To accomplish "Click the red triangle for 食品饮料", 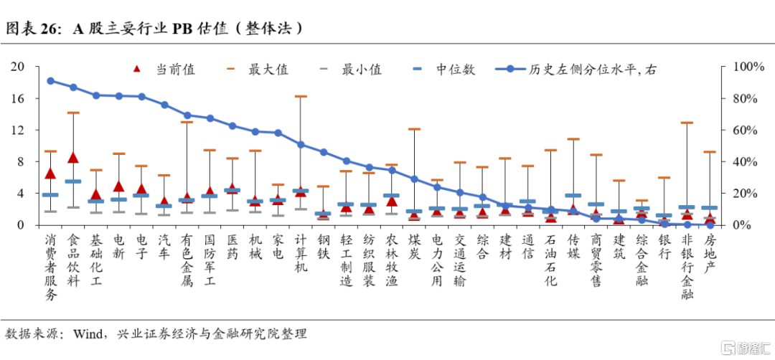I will pyautogui.click(x=72, y=158).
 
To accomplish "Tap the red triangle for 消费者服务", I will pyautogui.click(x=50, y=173).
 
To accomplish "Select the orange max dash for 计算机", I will pyautogui.click(x=301, y=96).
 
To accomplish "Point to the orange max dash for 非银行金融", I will pyautogui.click(x=687, y=123).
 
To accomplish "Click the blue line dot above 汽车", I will pyautogui.click(x=164, y=105).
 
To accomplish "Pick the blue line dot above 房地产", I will pyautogui.click(x=710, y=224).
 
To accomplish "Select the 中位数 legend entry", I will pyautogui.click(x=444, y=70).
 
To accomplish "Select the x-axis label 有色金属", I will pyautogui.click(x=187, y=261).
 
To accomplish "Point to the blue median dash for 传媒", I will pyautogui.click(x=573, y=195).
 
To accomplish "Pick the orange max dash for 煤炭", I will pyautogui.click(x=414, y=129).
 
